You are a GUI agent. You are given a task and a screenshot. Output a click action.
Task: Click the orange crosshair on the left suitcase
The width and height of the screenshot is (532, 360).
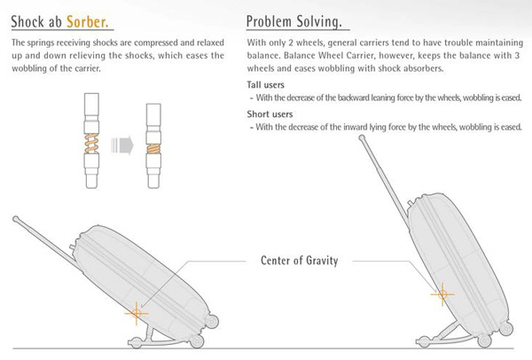(x=137, y=311)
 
